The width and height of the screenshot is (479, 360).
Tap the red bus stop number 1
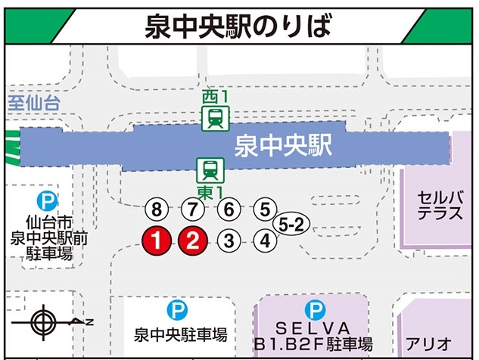tap(154, 241)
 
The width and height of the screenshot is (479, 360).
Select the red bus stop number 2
tap(192, 241)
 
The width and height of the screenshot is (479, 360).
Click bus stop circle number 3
tap(229, 241)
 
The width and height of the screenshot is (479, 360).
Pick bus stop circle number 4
tap(265, 241)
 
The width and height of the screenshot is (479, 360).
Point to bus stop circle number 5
tap(264, 209)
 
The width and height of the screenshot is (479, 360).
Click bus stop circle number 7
tap(192, 209)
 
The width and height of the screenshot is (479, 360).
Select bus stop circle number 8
tap(156, 209)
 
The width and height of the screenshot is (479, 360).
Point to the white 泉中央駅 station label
tap(284, 145)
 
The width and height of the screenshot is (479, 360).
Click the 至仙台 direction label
tap(33, 104)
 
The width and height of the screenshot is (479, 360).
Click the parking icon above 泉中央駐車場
tap(178, 309)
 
